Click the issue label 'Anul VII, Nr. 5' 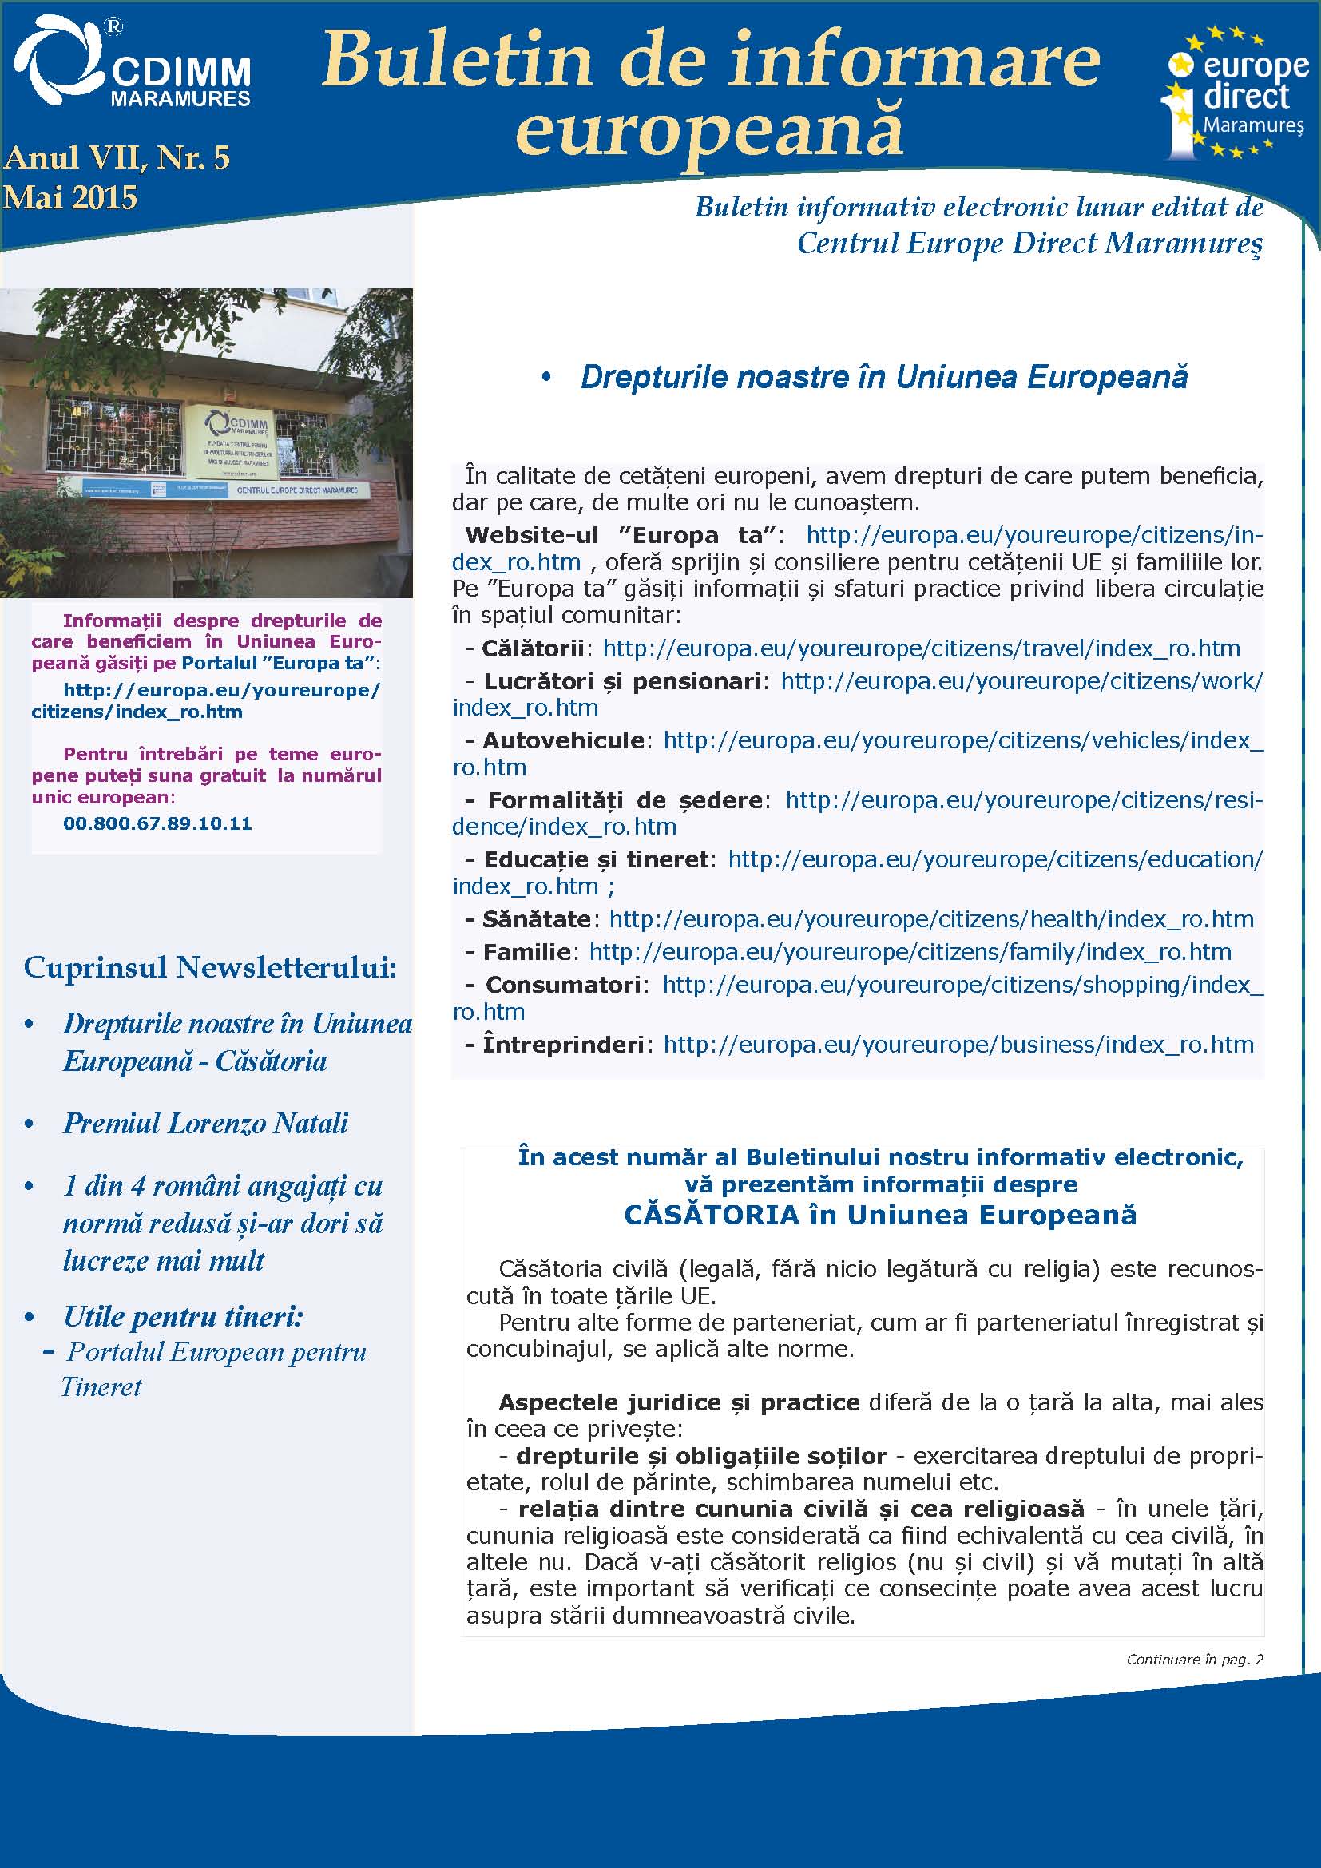click(117, 157)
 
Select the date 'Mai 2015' click(70, 198)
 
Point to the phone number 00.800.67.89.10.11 click(157, 823)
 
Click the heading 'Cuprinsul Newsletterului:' click(210, 967)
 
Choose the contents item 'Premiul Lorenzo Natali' click(206, 1124)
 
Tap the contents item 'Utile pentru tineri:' click(183, 1316)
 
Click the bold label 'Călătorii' click(533, 648)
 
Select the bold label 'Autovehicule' click(564, 740)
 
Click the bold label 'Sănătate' click(537, 919)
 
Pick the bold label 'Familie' click(527, 952)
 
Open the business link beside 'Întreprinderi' click(958, 1045)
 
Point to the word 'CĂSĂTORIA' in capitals click(712, 1215)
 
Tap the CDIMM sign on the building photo click(235, 442)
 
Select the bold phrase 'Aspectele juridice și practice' click(679, 1402)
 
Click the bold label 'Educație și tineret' click(597, 860)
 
